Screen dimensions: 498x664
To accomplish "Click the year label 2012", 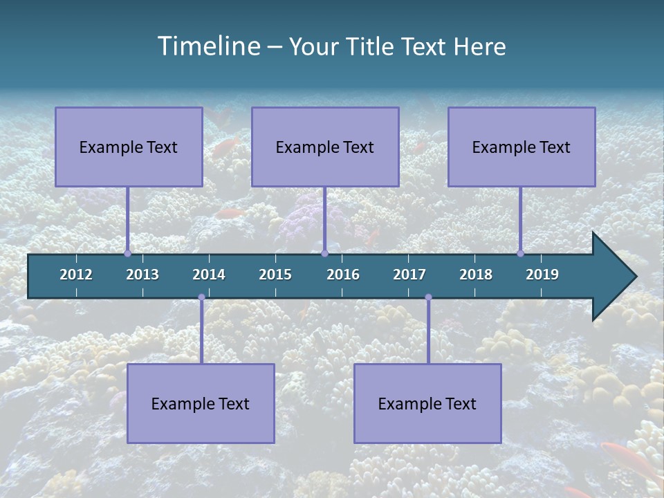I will pos(76,275).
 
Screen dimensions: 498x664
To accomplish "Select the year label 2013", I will pos(142,275).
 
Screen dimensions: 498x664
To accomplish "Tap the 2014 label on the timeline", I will pos(209,275).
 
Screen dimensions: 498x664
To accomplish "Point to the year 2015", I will pos(275,275).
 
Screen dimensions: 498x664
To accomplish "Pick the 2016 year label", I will pos(343,275).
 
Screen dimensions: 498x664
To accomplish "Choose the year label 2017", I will pos(409,275).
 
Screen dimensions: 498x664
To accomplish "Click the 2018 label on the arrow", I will pos(476,275).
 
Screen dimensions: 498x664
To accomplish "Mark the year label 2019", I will pos(542,275).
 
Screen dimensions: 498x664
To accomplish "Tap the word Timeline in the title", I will pos(207,46).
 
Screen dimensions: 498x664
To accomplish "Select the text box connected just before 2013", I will pos(129,147).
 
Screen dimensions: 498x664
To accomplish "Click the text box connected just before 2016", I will pos(325,147).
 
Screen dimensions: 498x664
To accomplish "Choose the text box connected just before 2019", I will pos(522,147).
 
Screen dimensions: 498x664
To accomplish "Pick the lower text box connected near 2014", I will pos(201,403).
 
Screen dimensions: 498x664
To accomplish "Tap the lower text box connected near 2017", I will pos(427,403).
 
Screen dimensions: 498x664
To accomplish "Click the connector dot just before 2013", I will pos(127,254).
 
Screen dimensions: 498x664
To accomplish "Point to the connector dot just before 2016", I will pos(324,254).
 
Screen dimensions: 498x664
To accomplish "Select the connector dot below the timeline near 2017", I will pos(428,297).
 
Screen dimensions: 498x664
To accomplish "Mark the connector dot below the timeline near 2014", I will pos(201,297).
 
